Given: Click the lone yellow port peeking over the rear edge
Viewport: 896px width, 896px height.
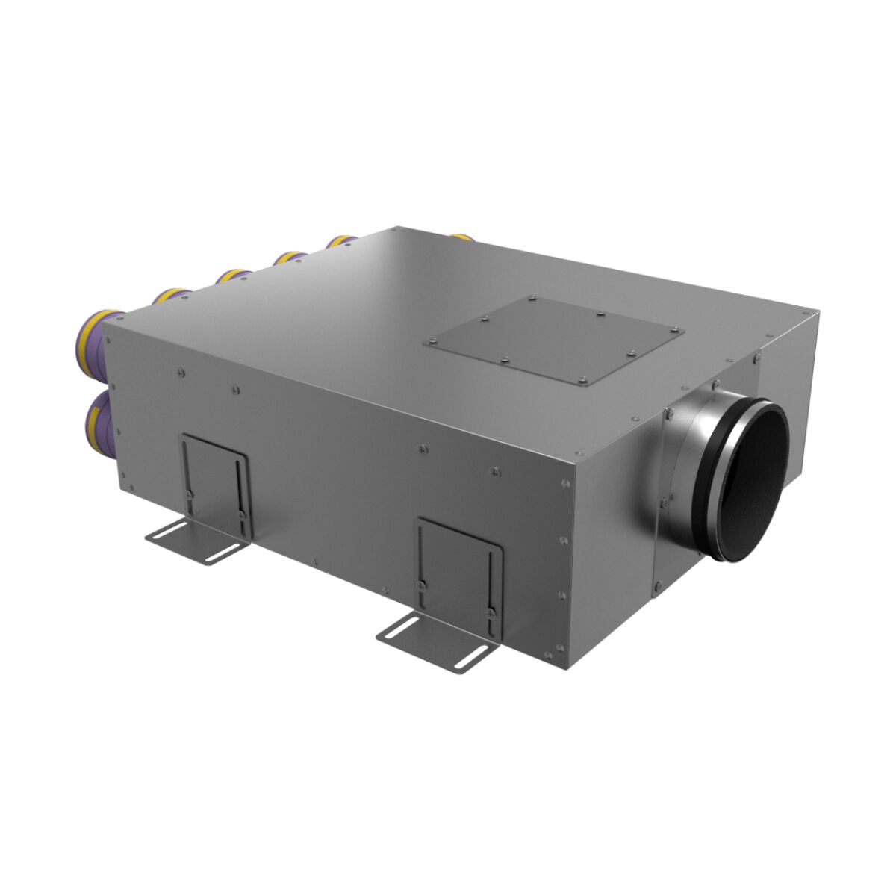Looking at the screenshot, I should pyautogui.click(x=461, y=237).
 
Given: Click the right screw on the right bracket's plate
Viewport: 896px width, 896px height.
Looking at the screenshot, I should pyautogui.click(x=491, y=612).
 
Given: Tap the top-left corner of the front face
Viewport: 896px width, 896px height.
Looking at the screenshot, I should pyautogui.click(x=104, y=326).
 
